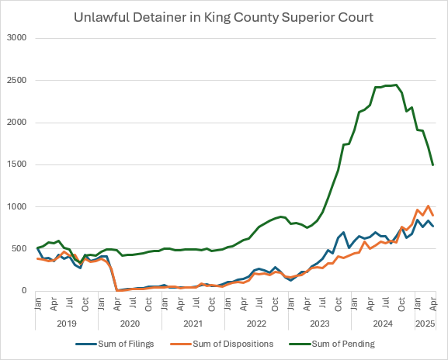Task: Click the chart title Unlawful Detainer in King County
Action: [224, 16]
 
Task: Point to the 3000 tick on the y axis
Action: [17, 38]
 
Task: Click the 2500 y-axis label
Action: [17, 80]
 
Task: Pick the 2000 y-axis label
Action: [17, 123]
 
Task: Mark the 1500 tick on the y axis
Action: [17, 164]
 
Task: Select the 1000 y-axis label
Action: [17, 206]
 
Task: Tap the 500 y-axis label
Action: [19, 249]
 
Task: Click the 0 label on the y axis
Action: [25, 291]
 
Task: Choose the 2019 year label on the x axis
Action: [66, 323]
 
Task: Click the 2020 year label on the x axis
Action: [130, 323]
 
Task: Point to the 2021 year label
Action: [193, 323]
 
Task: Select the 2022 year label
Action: [257, 323]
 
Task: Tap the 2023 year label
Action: [321, 323]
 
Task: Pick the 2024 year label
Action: [384, 323]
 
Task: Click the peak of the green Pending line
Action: [396, 85]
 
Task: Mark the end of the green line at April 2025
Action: [432, 164]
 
